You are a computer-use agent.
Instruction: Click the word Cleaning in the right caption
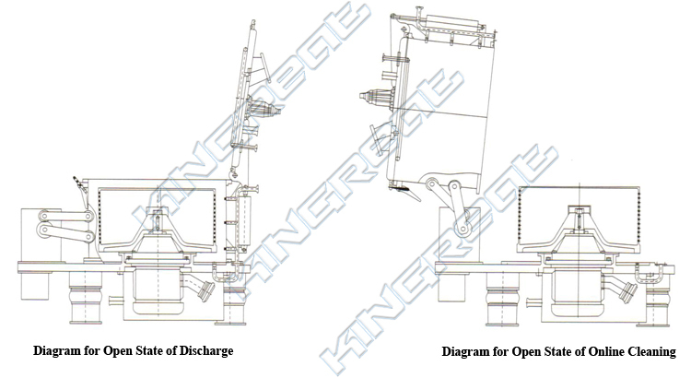coord(646,351)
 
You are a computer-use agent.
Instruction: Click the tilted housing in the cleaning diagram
coord(433,111)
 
